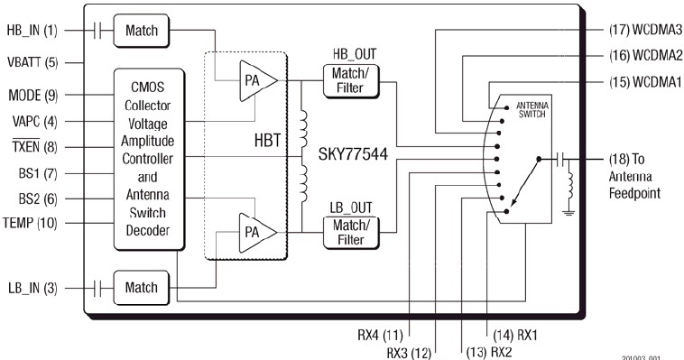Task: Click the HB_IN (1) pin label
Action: point(32,31)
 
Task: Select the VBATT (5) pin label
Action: point(32,62)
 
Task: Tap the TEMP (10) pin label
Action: point(30,223)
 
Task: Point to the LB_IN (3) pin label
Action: point(32,288)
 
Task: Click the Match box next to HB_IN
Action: point(142,31)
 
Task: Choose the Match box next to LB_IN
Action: point(142,288)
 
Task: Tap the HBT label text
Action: point(267,141)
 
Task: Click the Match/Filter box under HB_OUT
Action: point(351,80)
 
